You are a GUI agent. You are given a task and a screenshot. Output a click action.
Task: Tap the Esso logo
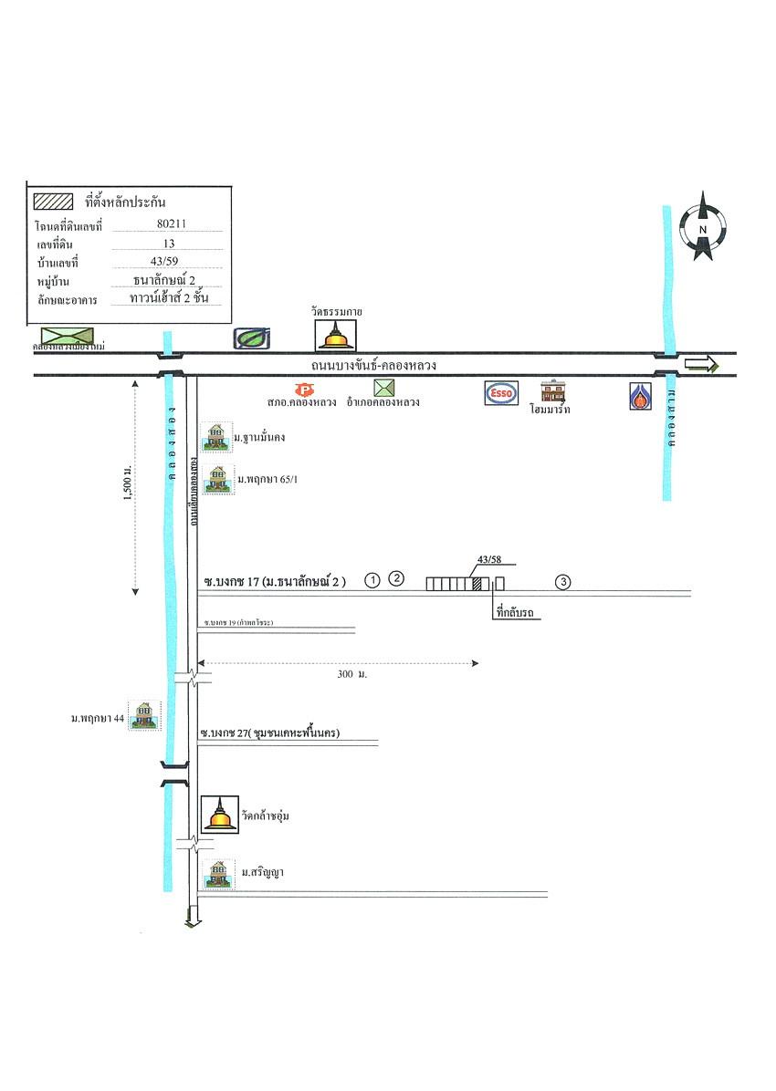501,392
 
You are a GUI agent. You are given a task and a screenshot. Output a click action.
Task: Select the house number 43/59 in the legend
168,262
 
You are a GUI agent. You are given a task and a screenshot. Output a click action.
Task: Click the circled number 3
563,582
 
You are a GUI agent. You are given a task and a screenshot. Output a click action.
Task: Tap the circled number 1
372,580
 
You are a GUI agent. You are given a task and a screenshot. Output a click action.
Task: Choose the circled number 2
396,577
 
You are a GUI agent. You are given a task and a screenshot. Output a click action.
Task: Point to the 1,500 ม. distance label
129,481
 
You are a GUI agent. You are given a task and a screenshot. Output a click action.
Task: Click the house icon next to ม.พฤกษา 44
142,715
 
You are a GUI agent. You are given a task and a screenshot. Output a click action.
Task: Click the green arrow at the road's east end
702,365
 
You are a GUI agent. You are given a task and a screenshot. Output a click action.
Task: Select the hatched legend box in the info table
53,202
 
